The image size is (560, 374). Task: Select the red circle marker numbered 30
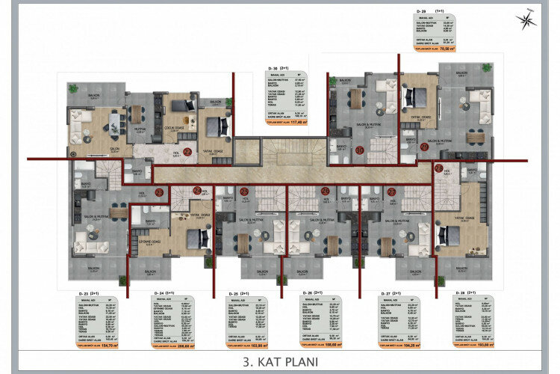359,150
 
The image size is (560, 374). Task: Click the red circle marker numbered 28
439,169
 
